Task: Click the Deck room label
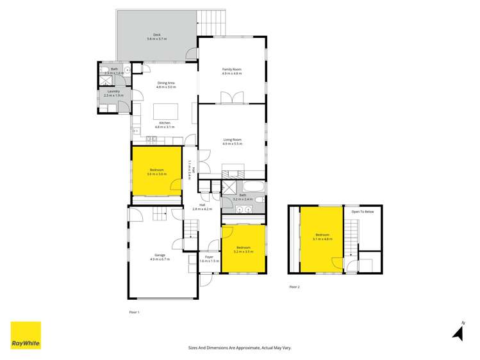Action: point(156,37)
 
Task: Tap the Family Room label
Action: point(231,71)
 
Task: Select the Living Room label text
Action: point(232,142)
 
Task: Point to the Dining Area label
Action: point(167,85)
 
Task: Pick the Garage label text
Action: point(158,257)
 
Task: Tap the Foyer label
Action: point(209,259)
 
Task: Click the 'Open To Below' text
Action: point(362,211)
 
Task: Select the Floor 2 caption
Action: point(294,287)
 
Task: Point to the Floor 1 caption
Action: point(134,312)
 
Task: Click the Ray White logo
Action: point(26,335)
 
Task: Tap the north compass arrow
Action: point(458,332)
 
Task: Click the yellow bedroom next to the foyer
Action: point(244,248)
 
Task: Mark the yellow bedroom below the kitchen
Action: point(156,172)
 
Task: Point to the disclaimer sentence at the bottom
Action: point(240,348)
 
